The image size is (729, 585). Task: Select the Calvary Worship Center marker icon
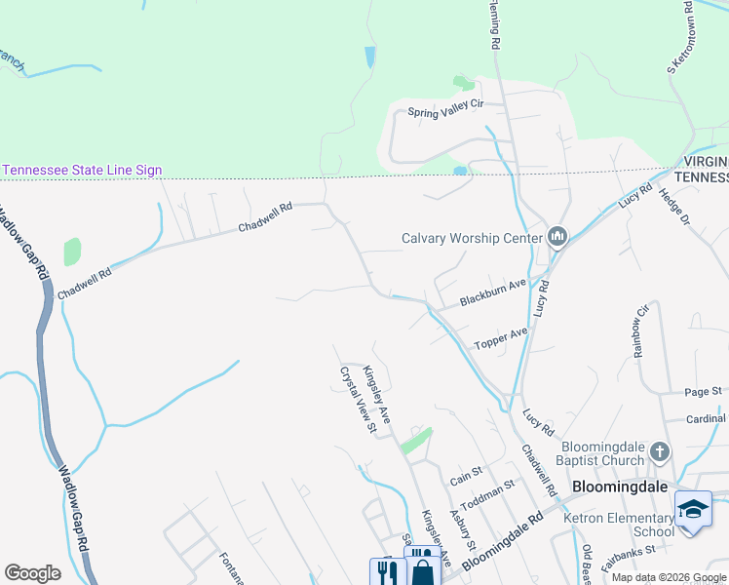[x=557, y=238]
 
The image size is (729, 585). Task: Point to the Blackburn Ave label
[x=493, y=291]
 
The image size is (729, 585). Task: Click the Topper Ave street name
[x=500, y=338]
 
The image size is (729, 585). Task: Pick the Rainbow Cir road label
[x=641, y=331]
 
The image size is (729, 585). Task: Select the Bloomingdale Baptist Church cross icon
[x=660, y=451]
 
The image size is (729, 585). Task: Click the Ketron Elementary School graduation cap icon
[x=693, y=510]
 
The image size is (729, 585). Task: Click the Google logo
[x=32, y=573]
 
